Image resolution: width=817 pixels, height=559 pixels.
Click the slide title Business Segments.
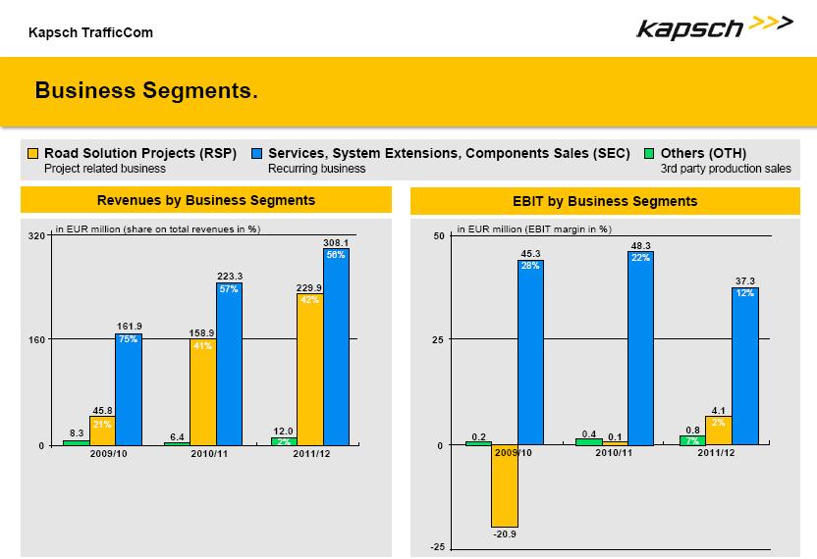click(146, 91)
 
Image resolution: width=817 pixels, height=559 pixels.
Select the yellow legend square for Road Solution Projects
click(32, 154)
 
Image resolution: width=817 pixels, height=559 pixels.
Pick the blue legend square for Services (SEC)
click(256, 154)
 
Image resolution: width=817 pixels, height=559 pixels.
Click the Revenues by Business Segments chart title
click(206, 200)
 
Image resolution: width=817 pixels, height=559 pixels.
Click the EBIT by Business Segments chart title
click(605, 201)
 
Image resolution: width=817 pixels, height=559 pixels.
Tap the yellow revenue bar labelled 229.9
click(309, 370)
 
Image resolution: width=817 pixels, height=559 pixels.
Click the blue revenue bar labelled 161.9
click(129, 390)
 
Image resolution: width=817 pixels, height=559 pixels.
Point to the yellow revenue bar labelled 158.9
click(202, 392)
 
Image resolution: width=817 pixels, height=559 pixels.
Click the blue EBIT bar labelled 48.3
click(640, 348)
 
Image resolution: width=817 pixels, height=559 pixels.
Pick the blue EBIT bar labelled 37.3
click(745, 366)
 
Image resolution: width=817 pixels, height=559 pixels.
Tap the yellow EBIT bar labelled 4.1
click(718, 431)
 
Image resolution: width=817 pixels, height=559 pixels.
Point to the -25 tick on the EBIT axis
click(437, 547)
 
